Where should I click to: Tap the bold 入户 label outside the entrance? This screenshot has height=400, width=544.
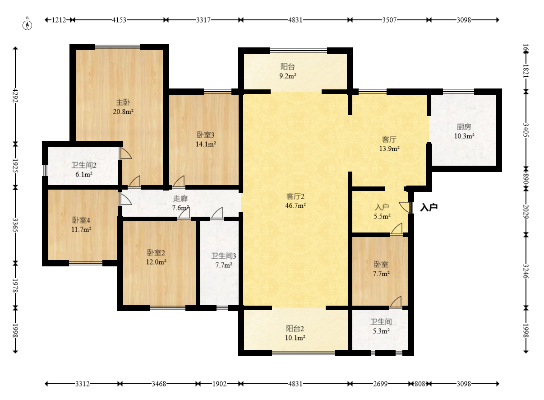tap(429, 207)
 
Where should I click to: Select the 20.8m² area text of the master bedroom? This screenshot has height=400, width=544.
tap(123, 112)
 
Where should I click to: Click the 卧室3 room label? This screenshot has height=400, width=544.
tap(205, 135)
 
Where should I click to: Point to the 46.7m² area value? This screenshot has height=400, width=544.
tap(295, 205)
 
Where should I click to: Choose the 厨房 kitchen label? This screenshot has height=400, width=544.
tap(464, 126)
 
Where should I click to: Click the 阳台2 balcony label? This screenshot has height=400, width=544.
tap(295, 329)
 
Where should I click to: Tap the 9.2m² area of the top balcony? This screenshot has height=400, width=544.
tap(288, 76)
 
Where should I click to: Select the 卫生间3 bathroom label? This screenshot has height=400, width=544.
tap(223, 256)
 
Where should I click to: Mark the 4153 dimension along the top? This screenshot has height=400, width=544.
tap(119, 20)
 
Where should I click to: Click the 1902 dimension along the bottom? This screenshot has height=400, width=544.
tap(219, 384)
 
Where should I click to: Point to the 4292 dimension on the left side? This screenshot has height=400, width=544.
tap(15, 95)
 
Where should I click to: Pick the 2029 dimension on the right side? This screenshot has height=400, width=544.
tap(526, 212)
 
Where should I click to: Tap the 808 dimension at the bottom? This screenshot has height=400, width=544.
tap(420, 384)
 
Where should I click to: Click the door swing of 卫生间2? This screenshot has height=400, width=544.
tap(126, 153)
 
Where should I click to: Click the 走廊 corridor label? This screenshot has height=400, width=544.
tap(180, 199)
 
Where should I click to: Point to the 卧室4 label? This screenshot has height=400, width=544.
tap(81, 220)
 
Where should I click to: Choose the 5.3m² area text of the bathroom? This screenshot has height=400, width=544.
tap(381, 331)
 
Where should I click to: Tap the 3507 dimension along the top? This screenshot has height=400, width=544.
tap(389, 20)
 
